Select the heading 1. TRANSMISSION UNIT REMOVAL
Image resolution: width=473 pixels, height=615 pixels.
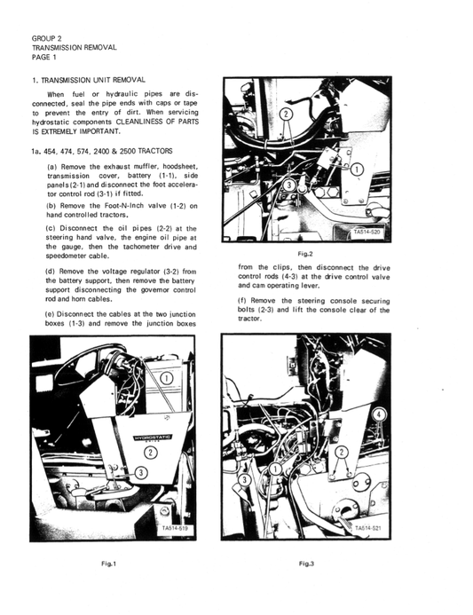tap(87, 81)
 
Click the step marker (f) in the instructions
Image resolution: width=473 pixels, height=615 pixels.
tap(245, 310)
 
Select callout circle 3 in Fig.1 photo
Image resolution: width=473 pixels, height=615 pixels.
tap(140, 473)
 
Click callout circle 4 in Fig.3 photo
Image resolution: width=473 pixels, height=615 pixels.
tap(380, 414)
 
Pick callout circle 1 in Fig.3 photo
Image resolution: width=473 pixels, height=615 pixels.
tap(276, 468)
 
